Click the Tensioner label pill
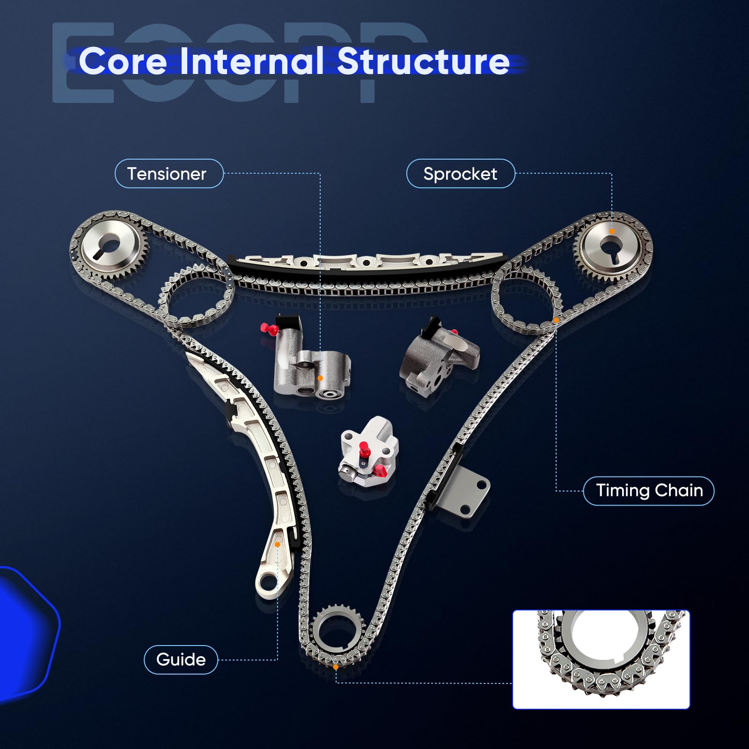(x=169, y=174)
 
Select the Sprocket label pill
(x=461, y=174)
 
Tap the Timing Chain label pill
(x=649, y=491)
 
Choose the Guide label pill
(x=181, y=660)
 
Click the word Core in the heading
(x=123, y=61)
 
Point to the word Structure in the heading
(x=423, y=61)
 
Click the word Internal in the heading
(x=252, y=61)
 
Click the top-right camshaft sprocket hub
(x=611, y=247)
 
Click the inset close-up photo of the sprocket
(x=601, y=659)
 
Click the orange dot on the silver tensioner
(x=320, y=378)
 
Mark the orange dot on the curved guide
(x=278, y=544)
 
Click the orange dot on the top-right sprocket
(x=612, y=231)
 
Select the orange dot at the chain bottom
(x=336, y=667)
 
